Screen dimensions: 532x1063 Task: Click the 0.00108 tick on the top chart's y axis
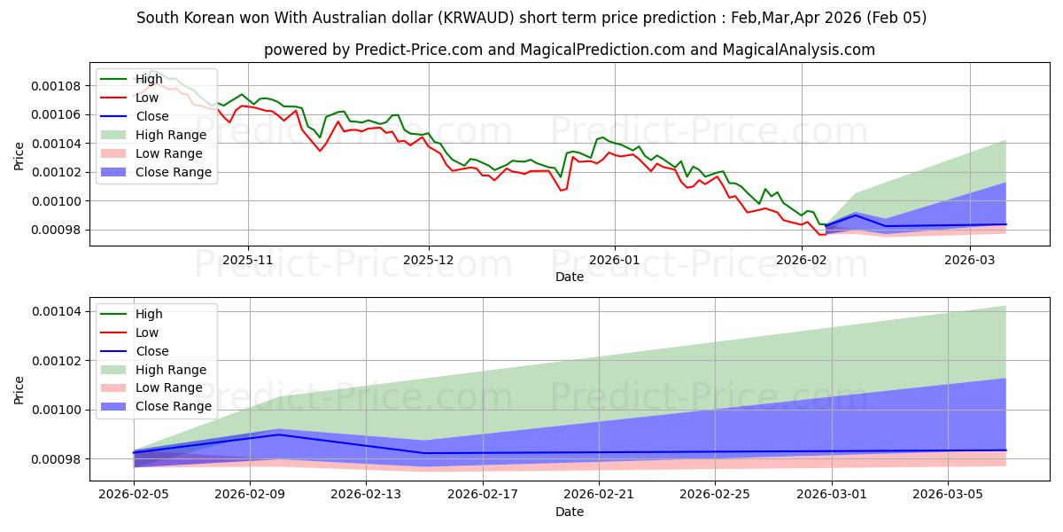[58, 86]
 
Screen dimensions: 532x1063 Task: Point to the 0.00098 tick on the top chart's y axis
[58, 230]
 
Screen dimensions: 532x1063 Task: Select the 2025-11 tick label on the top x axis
[247, 260]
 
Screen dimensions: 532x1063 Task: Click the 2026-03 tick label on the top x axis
[971, 260]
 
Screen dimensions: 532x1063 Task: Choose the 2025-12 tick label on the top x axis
[429, 260]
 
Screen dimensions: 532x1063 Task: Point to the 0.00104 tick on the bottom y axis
[58, 311]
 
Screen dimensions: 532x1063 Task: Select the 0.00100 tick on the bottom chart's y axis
[58, 410]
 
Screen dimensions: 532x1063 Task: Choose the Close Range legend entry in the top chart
[174, 172]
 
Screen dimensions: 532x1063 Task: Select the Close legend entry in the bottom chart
[153, 351]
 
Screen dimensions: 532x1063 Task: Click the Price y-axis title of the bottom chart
[20, 388]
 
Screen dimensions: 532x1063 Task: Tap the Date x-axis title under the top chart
[570, 277]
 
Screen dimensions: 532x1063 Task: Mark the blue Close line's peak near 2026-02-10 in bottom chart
[279, 434]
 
